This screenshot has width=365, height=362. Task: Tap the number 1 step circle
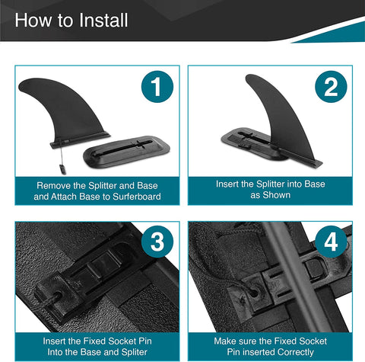[157, 87]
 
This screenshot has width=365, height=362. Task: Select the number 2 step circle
[331, 87]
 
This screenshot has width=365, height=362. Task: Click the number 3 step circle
[157, 242]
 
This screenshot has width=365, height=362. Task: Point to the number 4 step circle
[331, 242]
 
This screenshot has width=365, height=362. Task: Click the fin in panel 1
[68, 112]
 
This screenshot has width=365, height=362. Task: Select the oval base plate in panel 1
[126, 152]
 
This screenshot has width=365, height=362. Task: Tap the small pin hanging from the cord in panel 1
[62, 169]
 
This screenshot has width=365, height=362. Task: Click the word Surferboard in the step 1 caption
[137, 197]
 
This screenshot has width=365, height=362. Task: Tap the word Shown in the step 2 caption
[277, 195]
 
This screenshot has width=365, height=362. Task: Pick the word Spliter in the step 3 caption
[134, 352]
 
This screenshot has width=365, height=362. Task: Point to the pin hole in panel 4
[254, 292]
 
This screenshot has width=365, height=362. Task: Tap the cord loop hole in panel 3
[56, 296]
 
